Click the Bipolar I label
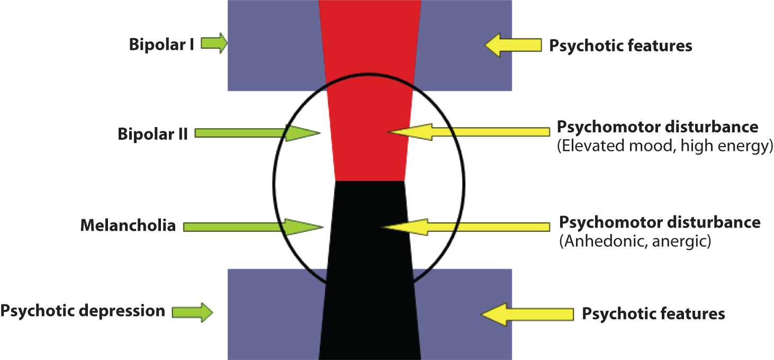click(x=161, y=44)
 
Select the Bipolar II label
click(x=152, y=133)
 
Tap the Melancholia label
click(x=128, y=226)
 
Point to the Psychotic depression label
click(x=83, y=310)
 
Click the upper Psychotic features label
click(x=620, y=46)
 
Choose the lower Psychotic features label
click(x=653, y=313)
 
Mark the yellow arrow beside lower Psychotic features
click(x=527, y=314)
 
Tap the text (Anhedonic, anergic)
click(x=635, y=241)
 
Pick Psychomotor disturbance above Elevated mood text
click(x=658, y=127)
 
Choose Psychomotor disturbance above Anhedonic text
click(x=660, y=222)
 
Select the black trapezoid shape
click(x=370, y=275)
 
